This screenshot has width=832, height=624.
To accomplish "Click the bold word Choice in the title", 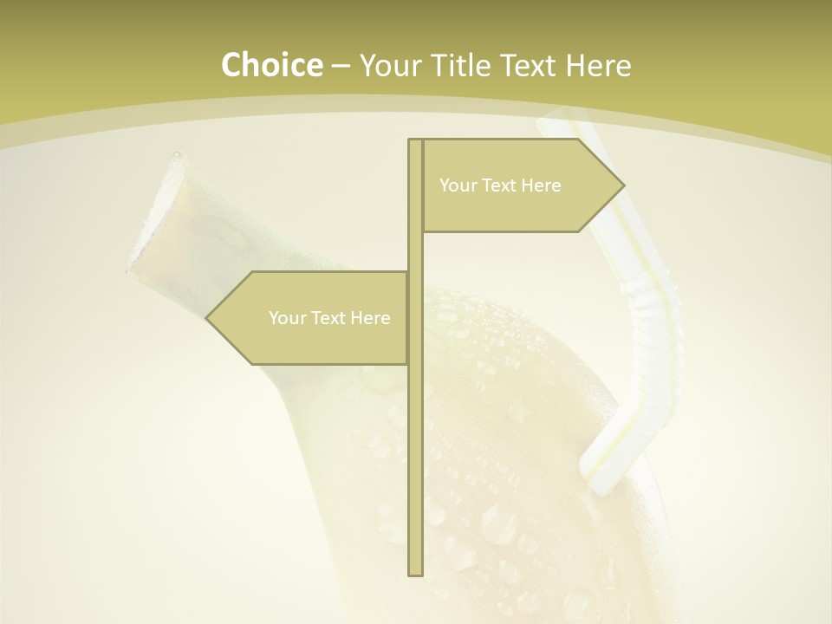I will point(271,66).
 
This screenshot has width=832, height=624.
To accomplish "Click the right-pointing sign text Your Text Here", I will point(500,185).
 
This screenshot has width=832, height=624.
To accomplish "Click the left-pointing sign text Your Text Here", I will point(329,318).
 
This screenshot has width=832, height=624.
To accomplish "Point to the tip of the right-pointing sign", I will point(622,185).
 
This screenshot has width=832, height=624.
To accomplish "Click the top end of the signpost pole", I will point(415,141).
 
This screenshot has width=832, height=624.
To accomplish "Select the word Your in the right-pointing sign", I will point(456,185).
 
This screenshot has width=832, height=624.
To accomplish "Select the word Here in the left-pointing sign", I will point(371,318).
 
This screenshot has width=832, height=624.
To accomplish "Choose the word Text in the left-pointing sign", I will point(328,318).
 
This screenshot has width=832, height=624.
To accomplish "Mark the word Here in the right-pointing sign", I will point(542,185).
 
